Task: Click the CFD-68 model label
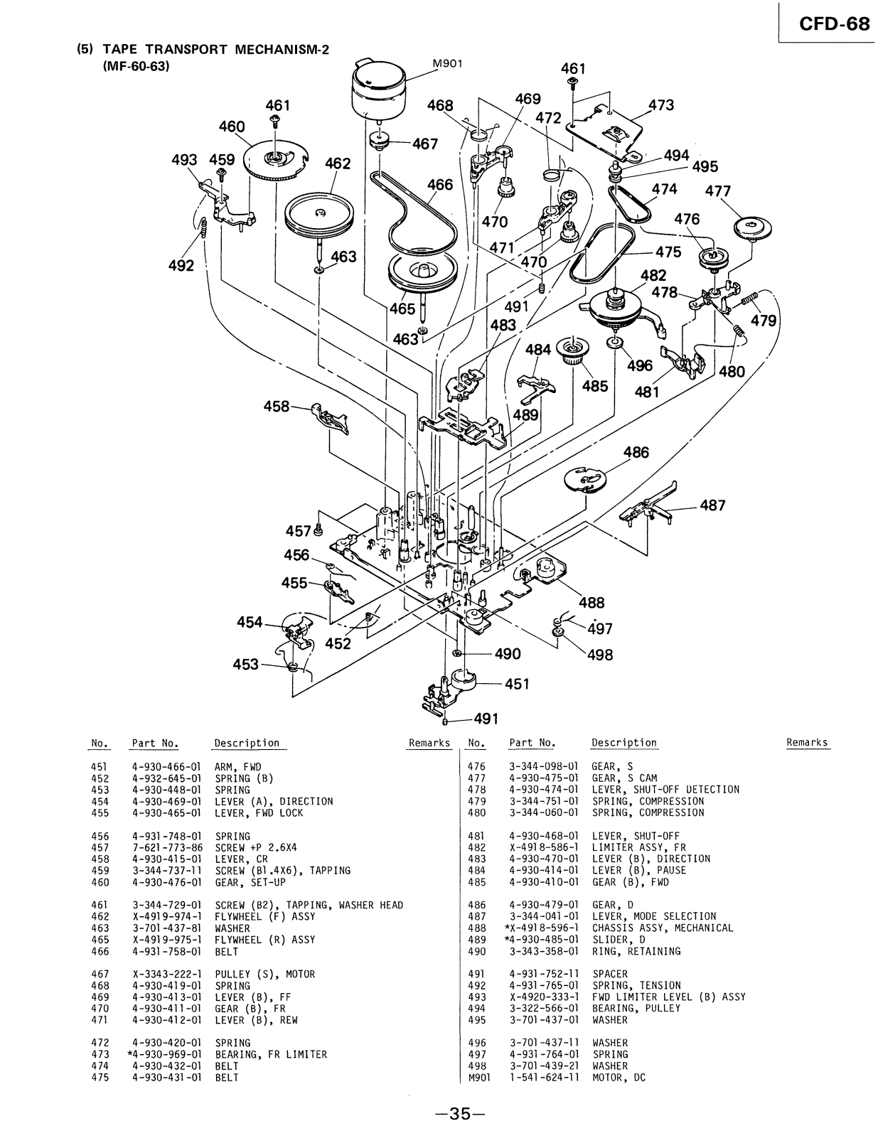click(833, 23)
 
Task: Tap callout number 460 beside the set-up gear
click(232, 127)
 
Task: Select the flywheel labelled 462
click(319, 214)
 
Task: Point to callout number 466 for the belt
click(440, 185)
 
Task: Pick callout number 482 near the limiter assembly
click(653, 276)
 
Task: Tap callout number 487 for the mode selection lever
click(712, 505)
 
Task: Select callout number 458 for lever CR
click(277, 407)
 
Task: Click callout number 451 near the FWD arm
click(518, 684)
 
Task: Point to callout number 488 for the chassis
click(591, 603)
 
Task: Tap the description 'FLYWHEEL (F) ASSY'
click(264, 916)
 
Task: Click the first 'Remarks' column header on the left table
click(429, 743)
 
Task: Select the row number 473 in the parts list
click(100, 1054)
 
